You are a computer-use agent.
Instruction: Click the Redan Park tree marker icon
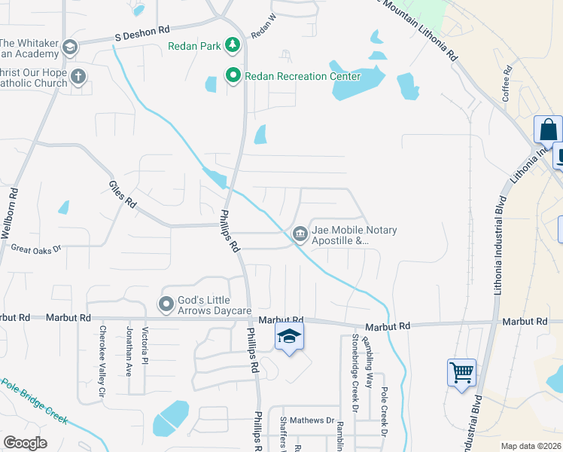[x=233, y=47]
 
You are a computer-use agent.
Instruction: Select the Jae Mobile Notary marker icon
[x=300, y=235]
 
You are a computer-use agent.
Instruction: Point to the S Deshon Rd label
[x=143, y=35]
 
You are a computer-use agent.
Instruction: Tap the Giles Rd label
[x=122, y=194]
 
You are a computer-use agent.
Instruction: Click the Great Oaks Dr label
[x=35, y=248]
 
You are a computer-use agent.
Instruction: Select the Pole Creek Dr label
[x=384, y=413]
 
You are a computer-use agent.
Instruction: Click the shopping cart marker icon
[x=461, y=372]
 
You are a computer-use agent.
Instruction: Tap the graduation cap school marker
[x=288, y=337]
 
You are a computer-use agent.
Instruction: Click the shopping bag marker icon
[x=549, y=130]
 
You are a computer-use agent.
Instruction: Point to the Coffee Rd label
[x=507, y=84]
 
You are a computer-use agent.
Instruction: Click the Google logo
[x=26, y=443]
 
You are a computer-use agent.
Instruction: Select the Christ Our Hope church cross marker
[x=78, y=77]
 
